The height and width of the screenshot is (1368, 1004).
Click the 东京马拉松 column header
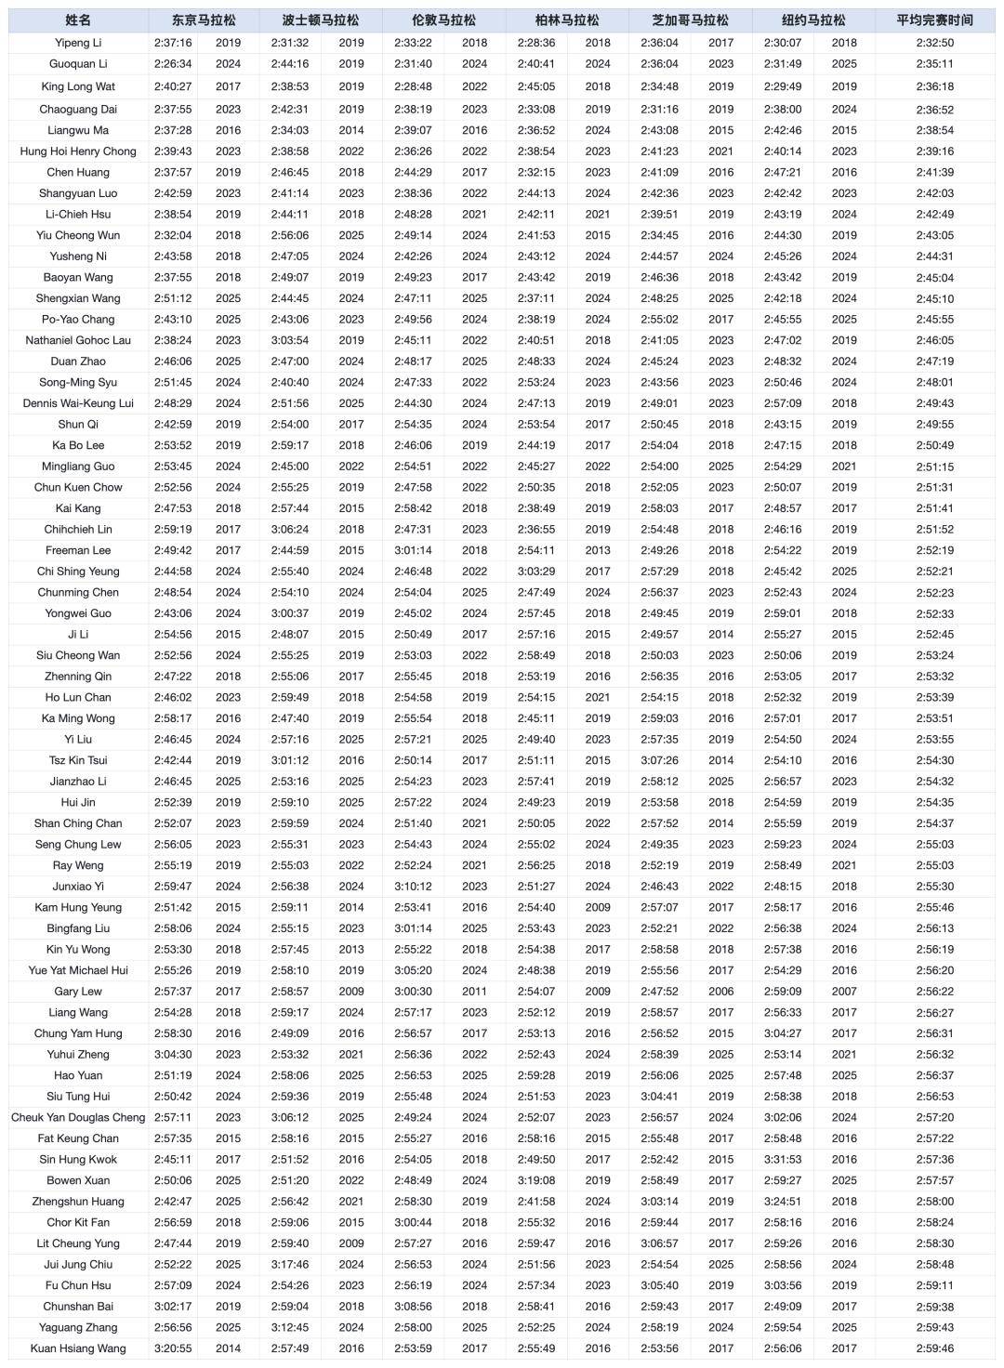tap(204, 20)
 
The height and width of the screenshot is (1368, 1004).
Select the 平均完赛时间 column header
tap(934, 20)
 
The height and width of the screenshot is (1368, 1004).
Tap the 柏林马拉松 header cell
tap(567, 20)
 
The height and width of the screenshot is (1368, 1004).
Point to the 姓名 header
tap(78, 20)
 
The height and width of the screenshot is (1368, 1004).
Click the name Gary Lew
tap(78, 992)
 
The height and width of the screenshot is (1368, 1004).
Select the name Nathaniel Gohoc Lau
tap(78, 340)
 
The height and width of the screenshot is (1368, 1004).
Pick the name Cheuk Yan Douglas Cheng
tap(78, 1117)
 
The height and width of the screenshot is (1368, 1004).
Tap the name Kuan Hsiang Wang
tap(78, 1348)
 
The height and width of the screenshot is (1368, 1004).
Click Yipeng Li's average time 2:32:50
tap(934, 43)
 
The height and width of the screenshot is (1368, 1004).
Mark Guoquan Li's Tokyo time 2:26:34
tap(173, 64)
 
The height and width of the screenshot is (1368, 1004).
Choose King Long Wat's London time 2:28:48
tap(413, 86)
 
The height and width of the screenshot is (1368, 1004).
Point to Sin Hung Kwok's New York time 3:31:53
tap(783, 1159)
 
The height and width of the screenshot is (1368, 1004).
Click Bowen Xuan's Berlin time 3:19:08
tap(536, 1180)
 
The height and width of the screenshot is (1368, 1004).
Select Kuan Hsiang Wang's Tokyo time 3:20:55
tap(173, 1348)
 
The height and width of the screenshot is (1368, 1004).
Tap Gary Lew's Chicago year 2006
tap(720, 992)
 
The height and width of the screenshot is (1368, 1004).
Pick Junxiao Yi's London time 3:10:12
tap(413, 887)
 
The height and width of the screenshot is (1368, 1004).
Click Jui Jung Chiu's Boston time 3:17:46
tap(290, 1264)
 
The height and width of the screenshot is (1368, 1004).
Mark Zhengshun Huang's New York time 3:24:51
tap(783, 1202)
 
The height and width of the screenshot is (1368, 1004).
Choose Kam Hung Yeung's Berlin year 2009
tap(598, 907)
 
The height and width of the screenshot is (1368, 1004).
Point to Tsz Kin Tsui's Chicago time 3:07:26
tap(659, 760)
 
